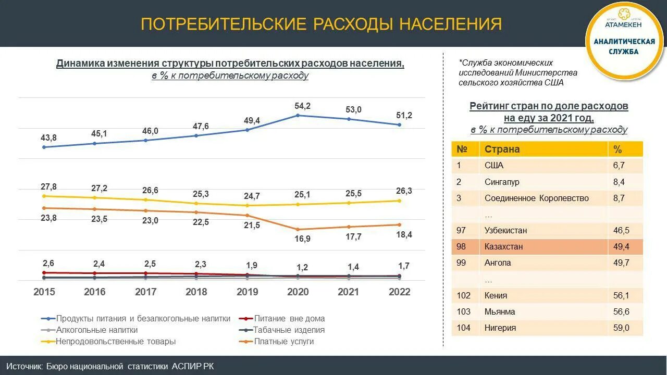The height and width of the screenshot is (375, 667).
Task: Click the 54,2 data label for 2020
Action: tap(302, 106)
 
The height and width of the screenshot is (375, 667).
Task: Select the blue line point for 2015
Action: tap(44, 147)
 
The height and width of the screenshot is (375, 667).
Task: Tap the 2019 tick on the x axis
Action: tap(248, 292)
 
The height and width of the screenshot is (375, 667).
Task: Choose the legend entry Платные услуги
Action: tap(284, 342)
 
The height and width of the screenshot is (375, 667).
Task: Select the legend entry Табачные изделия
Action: tap(289, 330)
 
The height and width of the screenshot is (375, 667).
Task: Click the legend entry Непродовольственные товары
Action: tap(116, 342)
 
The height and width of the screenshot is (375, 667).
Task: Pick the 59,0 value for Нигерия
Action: tap(621, 328)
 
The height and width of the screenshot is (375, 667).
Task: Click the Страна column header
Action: tap(502, 149)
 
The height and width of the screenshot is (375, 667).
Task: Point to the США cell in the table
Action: tap(494, 166)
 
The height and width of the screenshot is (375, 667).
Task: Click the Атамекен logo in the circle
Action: tap(623, 21)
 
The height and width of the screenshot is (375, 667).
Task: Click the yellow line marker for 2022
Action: tap(400, 201)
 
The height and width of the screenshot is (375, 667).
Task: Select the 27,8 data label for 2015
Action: tap(48, 186)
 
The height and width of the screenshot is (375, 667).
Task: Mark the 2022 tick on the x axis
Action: tap(400, 292)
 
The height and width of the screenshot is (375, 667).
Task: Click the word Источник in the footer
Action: tap(24, 366)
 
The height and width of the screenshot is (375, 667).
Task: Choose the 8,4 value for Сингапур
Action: tap(619, 182)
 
